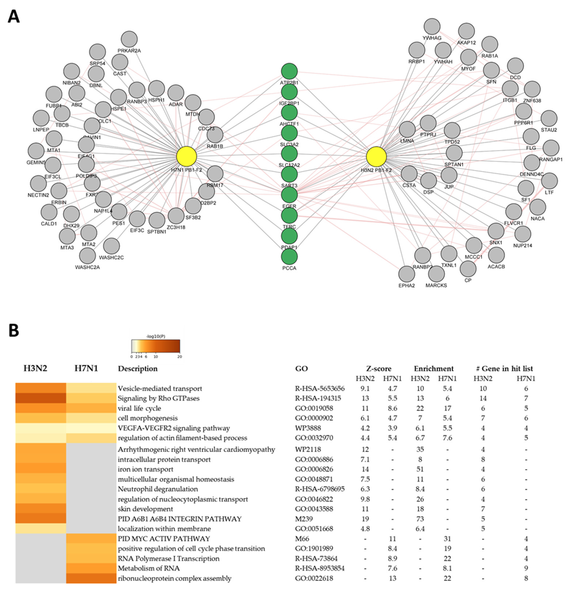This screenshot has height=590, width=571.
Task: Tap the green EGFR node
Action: click(289, 195)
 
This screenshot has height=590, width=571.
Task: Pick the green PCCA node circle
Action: click(289, 257)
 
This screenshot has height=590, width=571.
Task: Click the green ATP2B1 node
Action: click(289, 71)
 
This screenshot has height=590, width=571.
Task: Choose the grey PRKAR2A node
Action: click(129, 39)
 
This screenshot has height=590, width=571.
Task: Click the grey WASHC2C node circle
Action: click(111, 246)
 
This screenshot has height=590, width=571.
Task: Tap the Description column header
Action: click(137, 369)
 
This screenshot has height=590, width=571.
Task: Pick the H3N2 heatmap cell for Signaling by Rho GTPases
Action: click(41, 398)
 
